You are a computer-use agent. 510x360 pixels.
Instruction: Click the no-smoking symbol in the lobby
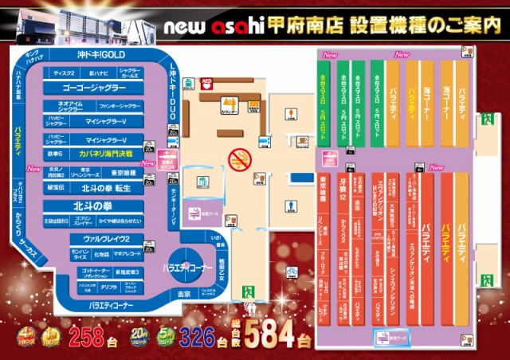(238, 159)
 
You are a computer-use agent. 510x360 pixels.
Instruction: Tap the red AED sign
(208, 83)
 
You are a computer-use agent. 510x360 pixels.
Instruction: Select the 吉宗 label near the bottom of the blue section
(183, 295)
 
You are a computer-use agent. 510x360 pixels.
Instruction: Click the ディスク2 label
(64, 73)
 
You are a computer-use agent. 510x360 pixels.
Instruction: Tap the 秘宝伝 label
(56, 188)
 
